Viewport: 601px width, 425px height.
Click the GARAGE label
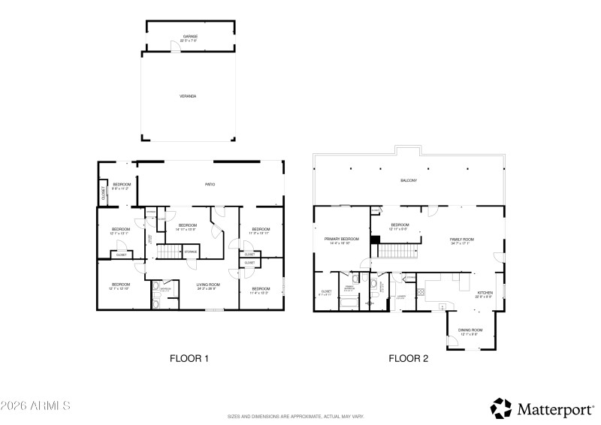[189, 37]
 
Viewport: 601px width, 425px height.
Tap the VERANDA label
[188, 96]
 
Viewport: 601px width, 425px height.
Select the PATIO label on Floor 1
[210, 185]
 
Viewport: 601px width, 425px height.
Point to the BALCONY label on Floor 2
[408, 181]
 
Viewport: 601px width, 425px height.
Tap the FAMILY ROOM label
[462, 241]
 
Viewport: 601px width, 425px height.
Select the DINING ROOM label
[471, 331]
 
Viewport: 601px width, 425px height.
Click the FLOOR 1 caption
[189, 358]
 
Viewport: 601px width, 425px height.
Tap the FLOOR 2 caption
[408, 358]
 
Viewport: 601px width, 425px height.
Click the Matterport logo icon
[501, 408]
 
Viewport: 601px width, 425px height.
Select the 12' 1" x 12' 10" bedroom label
[121, 285]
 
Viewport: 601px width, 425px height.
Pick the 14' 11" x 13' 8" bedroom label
[187, 227]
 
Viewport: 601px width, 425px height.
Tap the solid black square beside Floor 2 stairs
[374, 240]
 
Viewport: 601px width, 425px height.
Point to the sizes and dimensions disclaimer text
[296, 416]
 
